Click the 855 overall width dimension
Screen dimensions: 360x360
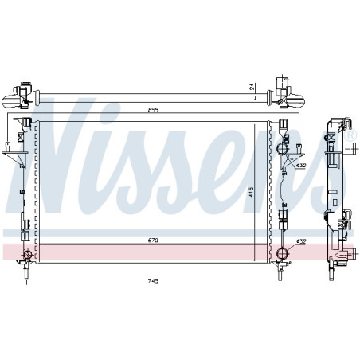click(153, 110)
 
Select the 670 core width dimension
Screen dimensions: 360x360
click(153, 241)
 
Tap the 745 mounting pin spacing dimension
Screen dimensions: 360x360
click(153, 280)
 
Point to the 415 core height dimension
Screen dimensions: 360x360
click(252, 192)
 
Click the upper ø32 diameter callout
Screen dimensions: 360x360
click(301, 166)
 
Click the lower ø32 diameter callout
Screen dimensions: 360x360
click(301, 241)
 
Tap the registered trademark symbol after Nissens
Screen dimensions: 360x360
click(350, 135)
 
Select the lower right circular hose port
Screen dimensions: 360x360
click(282, 253)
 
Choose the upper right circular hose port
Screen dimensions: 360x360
click(282, 148)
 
